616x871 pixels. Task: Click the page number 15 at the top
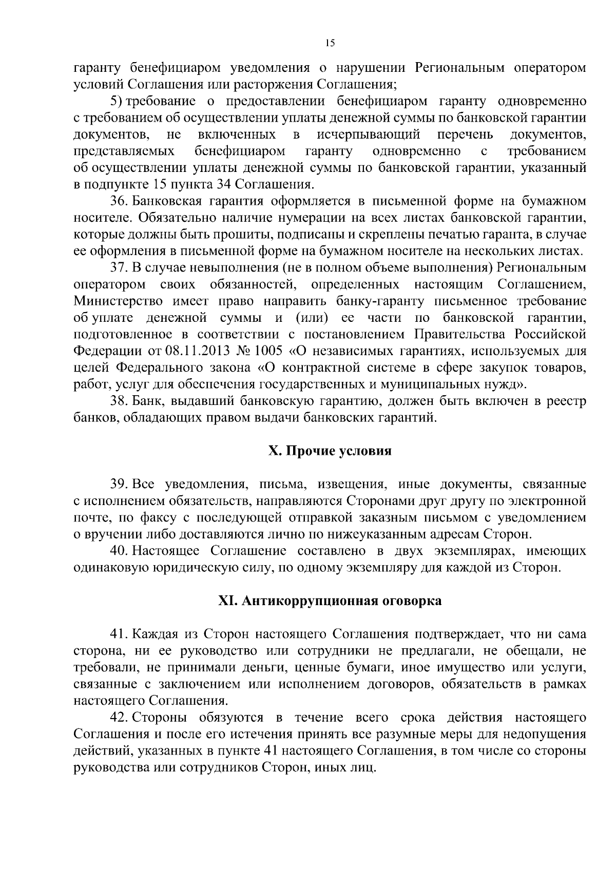[330, 44]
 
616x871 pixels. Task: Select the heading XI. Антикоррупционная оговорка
[330, 601]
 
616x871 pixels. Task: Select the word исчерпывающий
[369, 134]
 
